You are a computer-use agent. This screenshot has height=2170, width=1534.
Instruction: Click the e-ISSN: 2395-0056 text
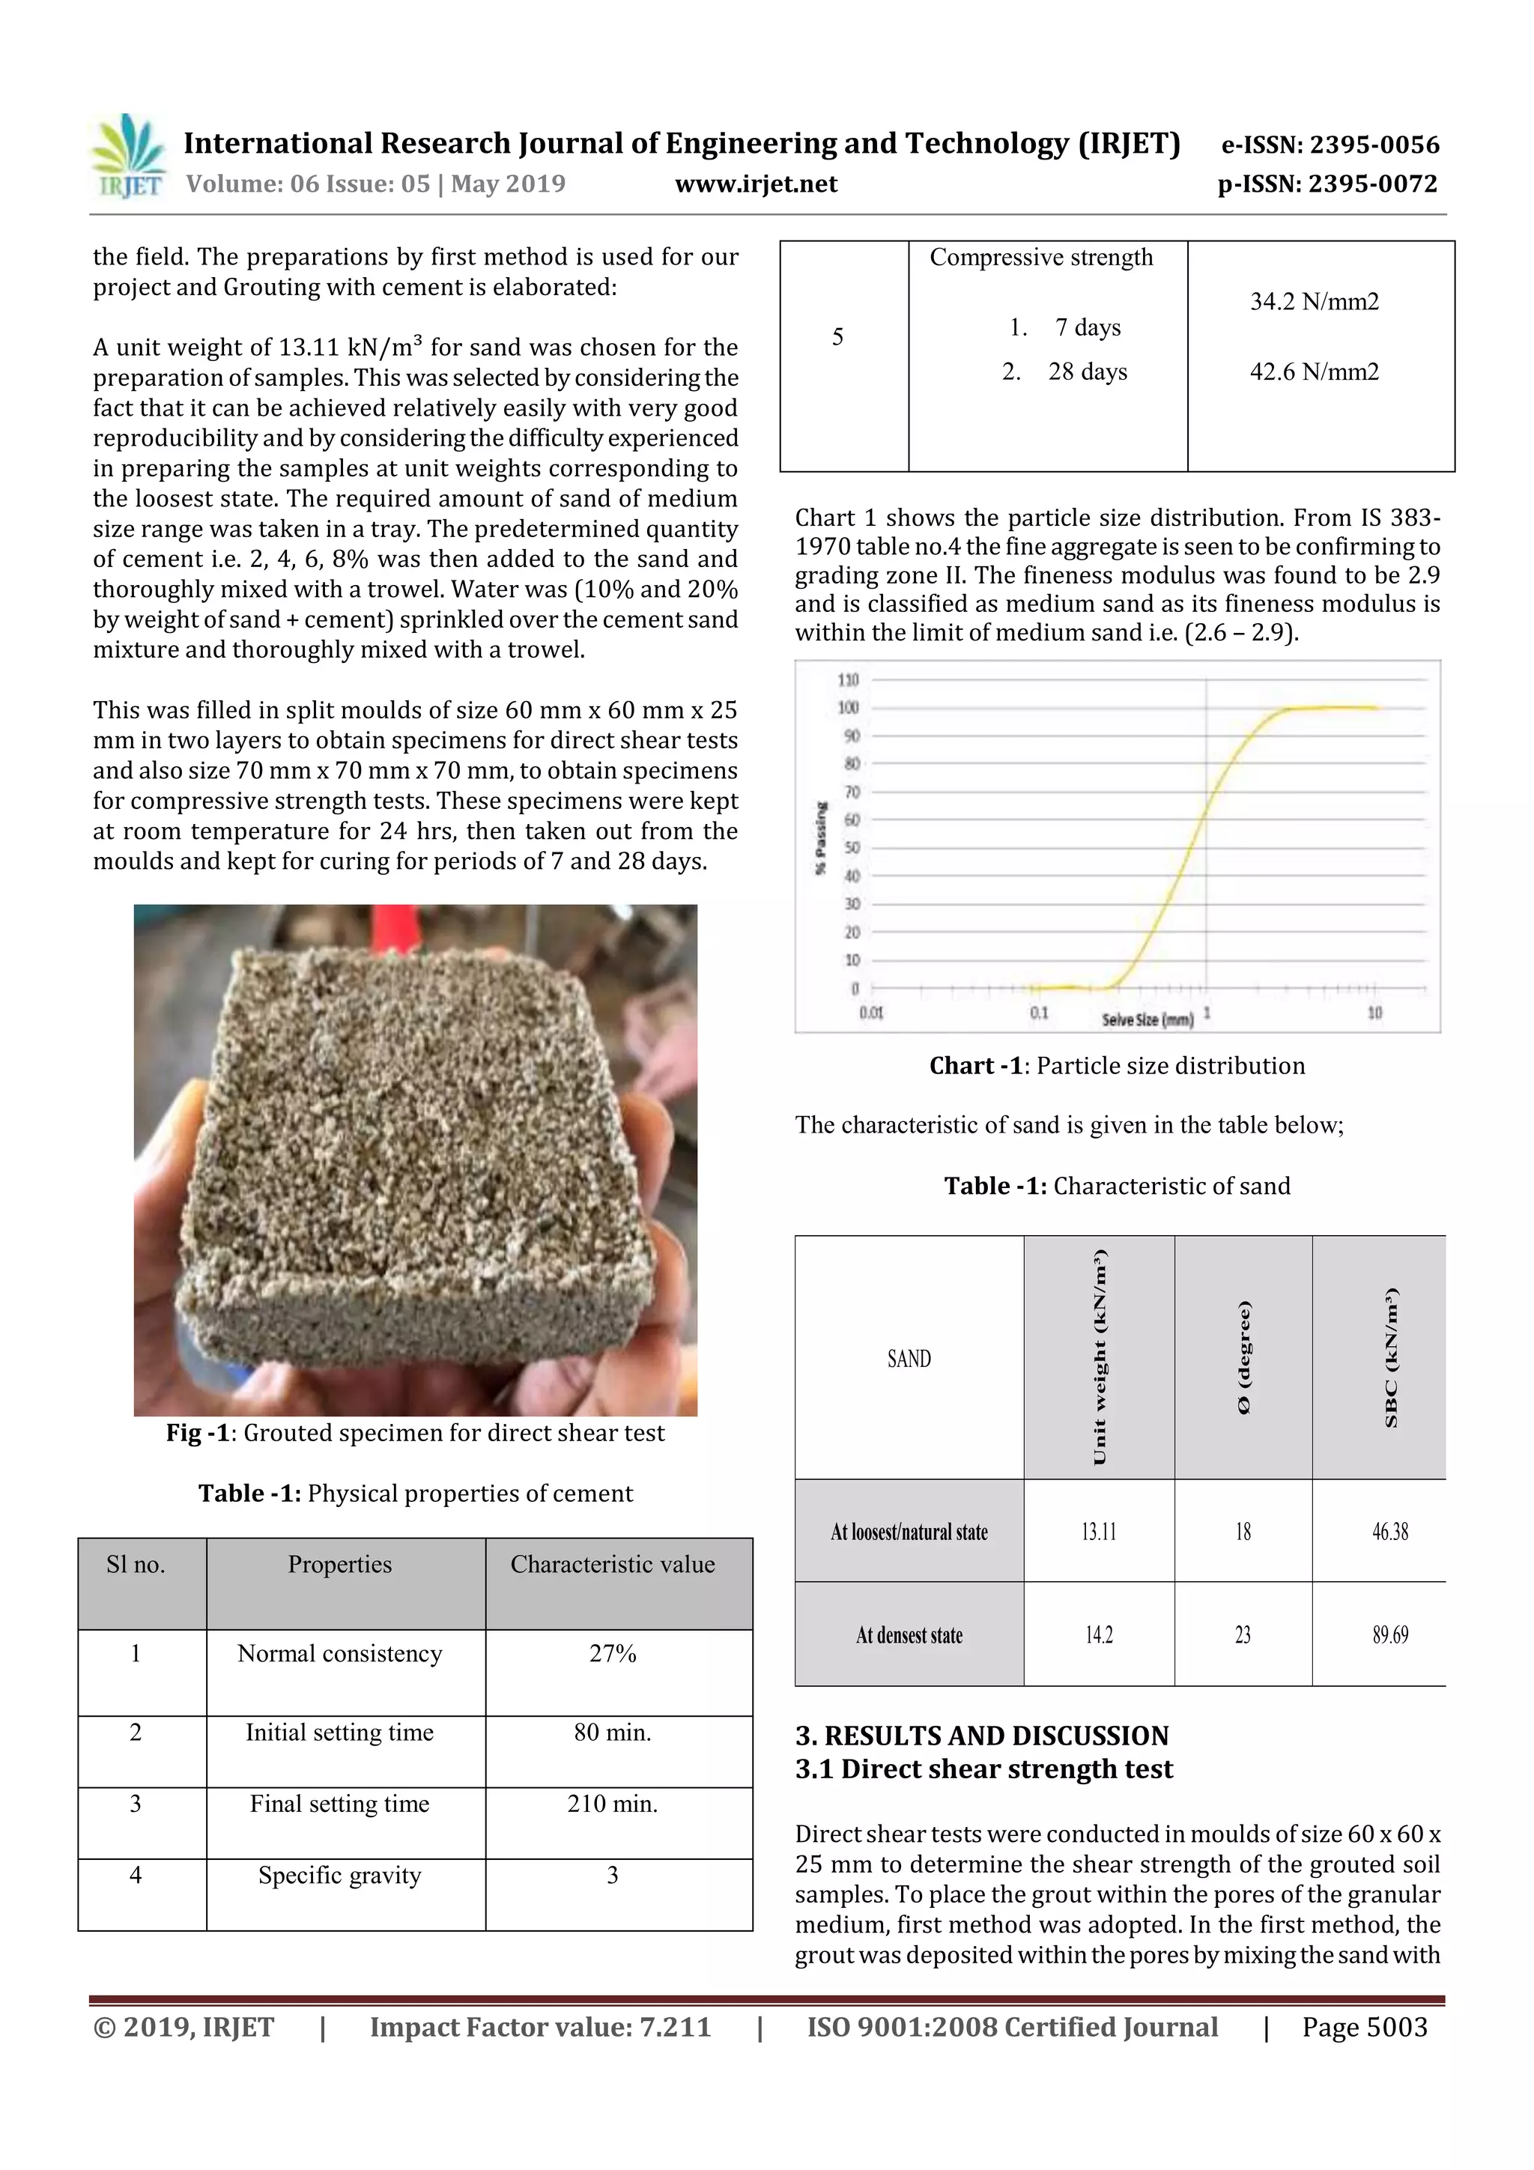pos(1329,145)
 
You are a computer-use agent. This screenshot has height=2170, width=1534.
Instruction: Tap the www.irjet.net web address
pos(755,184)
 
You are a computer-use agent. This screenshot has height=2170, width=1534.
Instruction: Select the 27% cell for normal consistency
pos(613,1653)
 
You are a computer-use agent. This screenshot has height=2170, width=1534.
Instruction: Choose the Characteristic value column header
pos(613,1564)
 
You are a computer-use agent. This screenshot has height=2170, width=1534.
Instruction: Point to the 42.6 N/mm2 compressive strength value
pos(1314,372)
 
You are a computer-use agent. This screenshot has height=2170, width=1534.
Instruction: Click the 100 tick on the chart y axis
pos(848,708)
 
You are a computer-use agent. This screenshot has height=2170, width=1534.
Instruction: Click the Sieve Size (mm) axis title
pos(1147,1019)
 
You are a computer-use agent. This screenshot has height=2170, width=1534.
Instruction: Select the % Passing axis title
pos(820,837)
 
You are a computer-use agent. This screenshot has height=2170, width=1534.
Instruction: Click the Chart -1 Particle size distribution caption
pos(1116,1066)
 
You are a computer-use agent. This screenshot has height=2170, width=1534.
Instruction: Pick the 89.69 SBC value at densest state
pos(1389,1635)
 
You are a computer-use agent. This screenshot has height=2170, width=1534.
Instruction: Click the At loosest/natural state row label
pos(909,1532)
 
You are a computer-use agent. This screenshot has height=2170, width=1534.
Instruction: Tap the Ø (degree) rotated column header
pos(1244,1357)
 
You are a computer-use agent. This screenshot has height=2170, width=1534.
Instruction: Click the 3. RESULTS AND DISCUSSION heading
pos(981,1736)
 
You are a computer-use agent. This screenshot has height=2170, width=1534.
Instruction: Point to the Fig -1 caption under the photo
pos(415,1433)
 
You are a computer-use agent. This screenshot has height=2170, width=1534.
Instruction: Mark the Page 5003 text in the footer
pos(1364,2026)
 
